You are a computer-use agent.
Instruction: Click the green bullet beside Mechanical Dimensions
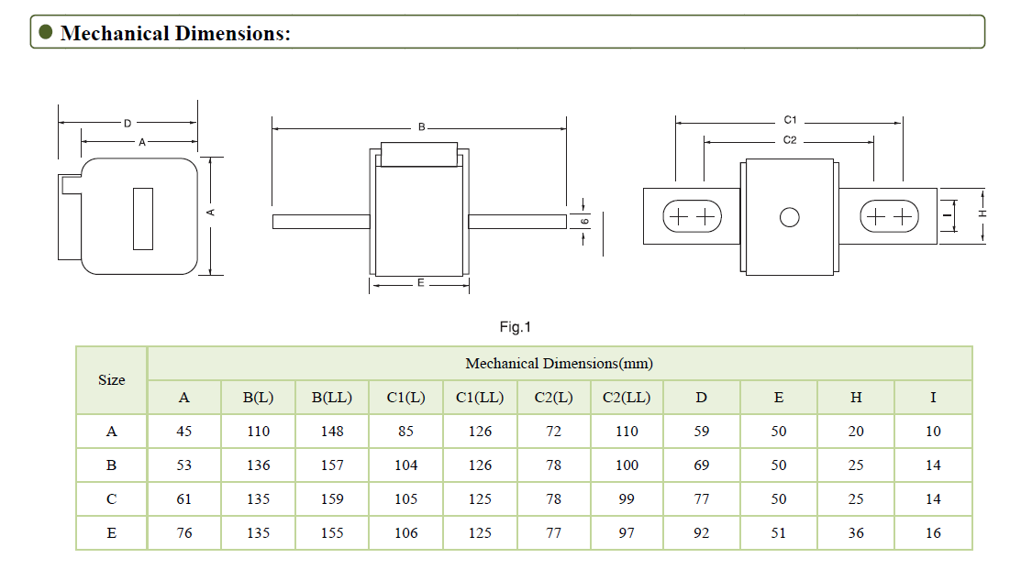pos(45,32)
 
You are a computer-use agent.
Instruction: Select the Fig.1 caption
pos(515,327)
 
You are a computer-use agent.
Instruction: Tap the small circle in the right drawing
pos(789,217)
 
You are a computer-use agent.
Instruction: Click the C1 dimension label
pos(790,120)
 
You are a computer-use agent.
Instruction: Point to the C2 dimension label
pos(790,140)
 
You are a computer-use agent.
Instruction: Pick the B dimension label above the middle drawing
pos(421,126)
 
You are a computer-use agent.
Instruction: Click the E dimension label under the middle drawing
pos(420,283)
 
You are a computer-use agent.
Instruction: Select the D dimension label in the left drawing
pos(127,122)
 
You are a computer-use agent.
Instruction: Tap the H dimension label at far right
pos(982,213)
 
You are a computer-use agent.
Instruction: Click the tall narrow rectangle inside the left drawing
pos(142,218)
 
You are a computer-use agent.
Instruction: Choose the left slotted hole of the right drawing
pos(692,217)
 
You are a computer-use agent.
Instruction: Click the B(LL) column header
pos(332,398)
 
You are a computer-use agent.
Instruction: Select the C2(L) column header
pos(553,398)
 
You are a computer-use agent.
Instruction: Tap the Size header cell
pos(112,379)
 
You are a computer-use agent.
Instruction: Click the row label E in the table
pos(112,532)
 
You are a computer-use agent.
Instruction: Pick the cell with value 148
pos(332,431)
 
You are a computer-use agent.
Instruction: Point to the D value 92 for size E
pos(702,532)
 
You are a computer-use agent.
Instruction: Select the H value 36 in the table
pos(856,532)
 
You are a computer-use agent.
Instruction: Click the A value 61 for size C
pos(184,498)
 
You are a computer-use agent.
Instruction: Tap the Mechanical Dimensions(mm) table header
pos(559,364)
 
